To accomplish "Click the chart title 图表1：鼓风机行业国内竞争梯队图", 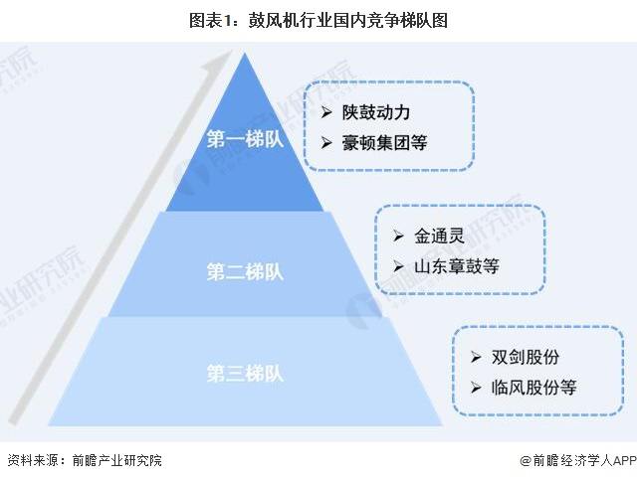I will [318, 19].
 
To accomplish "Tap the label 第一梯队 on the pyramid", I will [245, 139].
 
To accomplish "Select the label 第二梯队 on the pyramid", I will [245, 270].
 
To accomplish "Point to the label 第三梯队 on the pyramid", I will [245, 375].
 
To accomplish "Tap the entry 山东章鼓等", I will [457, 266].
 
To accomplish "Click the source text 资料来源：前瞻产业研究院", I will [84, 460].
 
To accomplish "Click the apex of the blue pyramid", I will [245, 54].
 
